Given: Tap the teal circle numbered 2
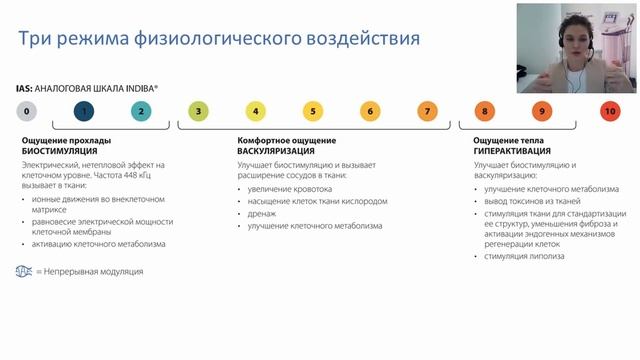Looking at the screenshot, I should (141, 111).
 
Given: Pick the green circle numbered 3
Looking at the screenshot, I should (198, 111).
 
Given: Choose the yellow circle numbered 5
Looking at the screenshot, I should (313, 111).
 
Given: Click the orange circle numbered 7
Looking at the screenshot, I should (427, 111).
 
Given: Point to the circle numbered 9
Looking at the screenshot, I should (541, 111).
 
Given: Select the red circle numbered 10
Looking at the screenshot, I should (610, 111).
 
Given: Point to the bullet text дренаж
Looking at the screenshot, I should (262, 213).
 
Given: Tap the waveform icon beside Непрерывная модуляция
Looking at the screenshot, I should (23, 271).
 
